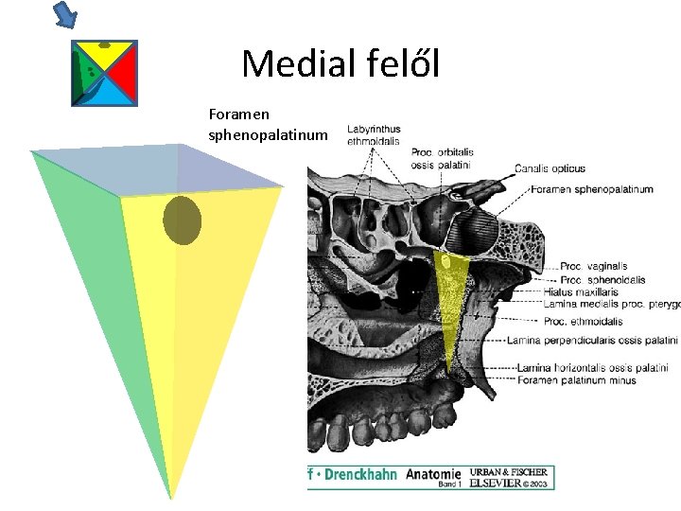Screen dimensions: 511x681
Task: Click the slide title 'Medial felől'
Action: pos(340,64)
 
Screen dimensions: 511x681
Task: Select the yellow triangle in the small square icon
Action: pos(103,53)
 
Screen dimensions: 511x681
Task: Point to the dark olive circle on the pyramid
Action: pos(182,220)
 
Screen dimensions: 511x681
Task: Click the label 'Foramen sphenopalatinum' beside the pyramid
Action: pos(268,125)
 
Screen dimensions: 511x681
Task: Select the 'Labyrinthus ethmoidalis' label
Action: pos(374,135)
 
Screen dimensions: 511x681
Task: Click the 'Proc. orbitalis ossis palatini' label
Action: pos(443,158)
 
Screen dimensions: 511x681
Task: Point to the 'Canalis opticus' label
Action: pos(549,169)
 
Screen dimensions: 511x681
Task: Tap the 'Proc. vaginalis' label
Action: pos(593,267)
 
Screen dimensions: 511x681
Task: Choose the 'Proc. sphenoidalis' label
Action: pos(602,280)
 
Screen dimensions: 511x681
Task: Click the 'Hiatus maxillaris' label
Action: pos(582,292)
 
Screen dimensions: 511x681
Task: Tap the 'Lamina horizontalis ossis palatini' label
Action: pos(592,368)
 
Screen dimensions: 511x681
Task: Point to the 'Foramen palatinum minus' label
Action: pos(576,380)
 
